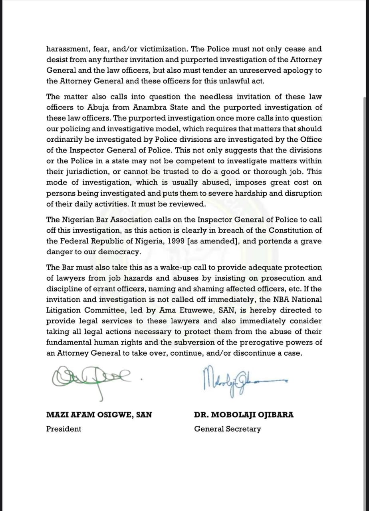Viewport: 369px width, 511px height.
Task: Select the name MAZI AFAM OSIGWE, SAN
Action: pos(99,414)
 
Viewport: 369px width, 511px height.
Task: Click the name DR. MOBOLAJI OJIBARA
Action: pos(244,414)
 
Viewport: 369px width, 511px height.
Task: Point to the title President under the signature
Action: pos(63,429)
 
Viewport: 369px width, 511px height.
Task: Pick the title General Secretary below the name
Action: pos(228,429)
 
